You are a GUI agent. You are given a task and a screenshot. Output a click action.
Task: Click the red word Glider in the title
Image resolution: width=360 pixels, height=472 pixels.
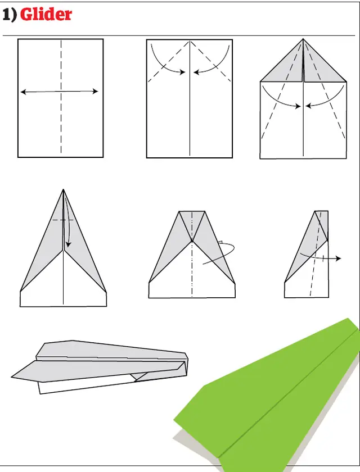[x=46, y=15]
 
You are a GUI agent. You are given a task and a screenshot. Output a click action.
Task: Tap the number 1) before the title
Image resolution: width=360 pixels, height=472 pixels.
[x=10, y=15]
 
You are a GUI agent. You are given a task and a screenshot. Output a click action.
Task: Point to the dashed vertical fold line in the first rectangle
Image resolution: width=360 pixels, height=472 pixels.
[x=61, y=124]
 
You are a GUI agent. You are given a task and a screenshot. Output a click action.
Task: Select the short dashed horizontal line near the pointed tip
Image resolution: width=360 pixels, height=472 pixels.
[x=63, y=220]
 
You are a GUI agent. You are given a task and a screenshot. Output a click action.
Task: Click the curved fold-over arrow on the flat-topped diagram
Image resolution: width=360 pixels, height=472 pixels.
[x=222, y=253]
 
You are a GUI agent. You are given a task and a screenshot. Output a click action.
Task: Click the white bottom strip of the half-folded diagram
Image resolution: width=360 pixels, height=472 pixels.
[x=307, y=289]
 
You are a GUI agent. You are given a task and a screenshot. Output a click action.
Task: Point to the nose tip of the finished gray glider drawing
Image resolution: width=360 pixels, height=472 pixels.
[x=12, y=377]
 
